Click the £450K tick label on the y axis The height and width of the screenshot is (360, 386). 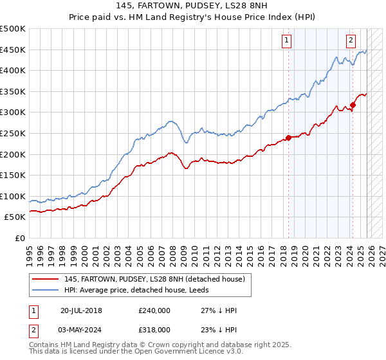click(13, 50)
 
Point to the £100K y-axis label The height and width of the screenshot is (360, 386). click(13, 196)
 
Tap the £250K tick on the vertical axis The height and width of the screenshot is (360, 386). click(13, 133)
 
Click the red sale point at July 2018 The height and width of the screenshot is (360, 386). click(288, 137)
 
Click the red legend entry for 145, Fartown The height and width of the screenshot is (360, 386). click(154, 280)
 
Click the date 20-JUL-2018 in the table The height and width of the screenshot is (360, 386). click(81, 310)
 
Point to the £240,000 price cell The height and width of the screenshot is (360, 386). click(154, 310)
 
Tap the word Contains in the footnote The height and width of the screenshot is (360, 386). click(46, 345)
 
